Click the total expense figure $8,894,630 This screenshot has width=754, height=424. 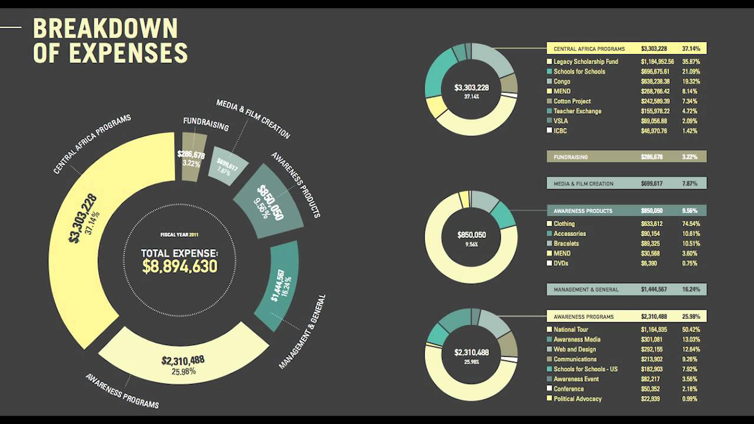pos(180,266)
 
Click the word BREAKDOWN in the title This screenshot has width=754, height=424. pos(105,29)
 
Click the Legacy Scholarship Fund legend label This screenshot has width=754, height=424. pos(586,62)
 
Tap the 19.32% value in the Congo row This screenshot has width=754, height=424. pos(690,82)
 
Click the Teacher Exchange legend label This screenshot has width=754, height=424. pos(577,111)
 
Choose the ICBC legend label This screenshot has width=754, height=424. pos(560,131)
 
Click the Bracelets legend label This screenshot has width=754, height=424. pos(566,244)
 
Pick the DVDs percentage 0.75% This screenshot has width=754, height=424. pos(690,263)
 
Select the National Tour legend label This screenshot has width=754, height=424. pos(571,330)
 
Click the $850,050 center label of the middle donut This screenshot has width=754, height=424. pos(471,235)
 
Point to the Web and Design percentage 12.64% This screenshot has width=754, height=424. pos(690,349)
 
